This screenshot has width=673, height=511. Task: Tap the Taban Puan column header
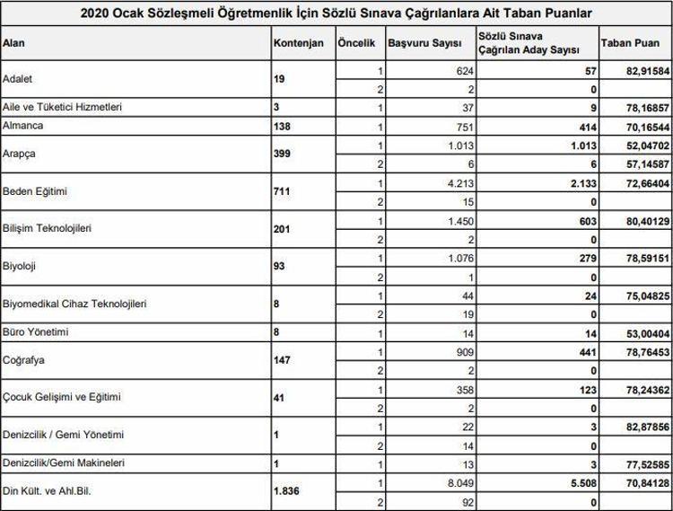623,43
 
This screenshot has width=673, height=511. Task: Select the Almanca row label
22,125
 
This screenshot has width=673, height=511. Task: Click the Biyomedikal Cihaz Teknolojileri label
74,304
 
